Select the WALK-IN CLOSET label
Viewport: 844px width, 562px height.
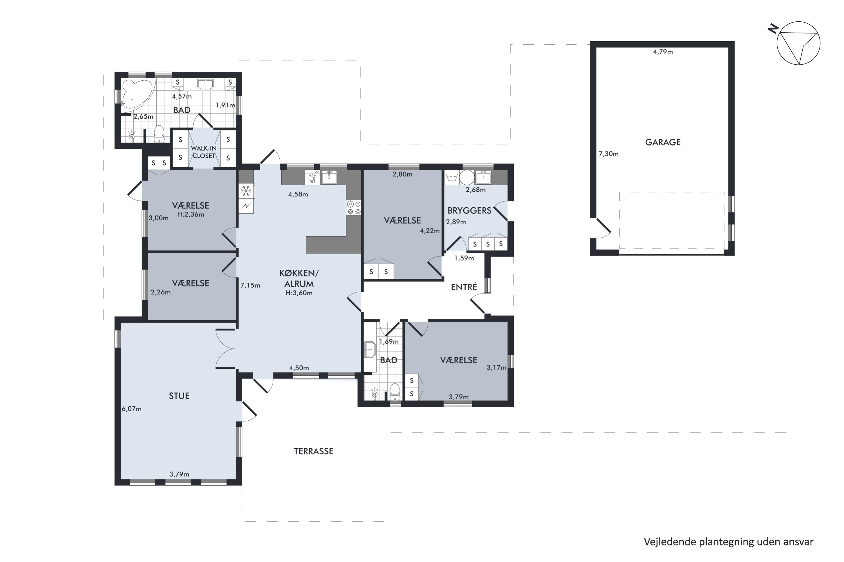204,152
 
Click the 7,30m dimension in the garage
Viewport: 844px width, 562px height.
609,154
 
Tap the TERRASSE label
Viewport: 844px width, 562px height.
314,451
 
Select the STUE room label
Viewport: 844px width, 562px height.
179,396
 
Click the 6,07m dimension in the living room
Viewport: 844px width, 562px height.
131,409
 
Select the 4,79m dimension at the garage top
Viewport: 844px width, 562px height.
663,52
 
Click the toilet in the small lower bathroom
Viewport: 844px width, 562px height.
395,392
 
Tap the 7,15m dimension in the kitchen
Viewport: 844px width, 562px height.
250,286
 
